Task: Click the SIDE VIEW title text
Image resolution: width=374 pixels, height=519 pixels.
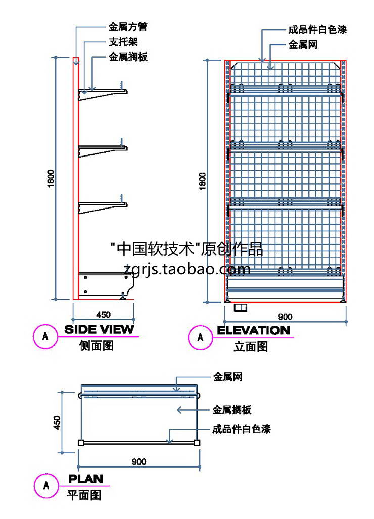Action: click(x=100, y=330)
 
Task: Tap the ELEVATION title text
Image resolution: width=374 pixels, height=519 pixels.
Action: click(x=253, y=330)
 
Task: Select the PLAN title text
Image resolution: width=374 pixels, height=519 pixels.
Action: click(x=85, y=478)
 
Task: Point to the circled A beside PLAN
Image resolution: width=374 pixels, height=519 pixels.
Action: click(x=46, y=486)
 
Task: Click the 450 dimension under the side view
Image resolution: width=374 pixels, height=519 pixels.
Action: click(x=103, y=315)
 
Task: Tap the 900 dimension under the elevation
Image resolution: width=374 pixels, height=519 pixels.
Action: click(x=286, y=317)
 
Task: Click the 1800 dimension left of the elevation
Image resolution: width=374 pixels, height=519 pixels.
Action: click(x=203, y=181)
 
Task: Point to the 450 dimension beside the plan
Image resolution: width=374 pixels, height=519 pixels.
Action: click(x=57, y=422)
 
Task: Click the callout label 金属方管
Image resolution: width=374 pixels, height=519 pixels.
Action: click(x=128, y=27)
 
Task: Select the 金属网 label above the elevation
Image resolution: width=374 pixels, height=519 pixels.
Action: click(x=303, y=45)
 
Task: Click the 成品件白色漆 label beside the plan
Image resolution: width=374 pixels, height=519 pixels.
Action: click(x=241, y=430)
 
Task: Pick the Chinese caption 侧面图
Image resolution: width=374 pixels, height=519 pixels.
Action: click(x=97, y=346)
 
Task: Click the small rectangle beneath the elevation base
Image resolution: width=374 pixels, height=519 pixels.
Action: click(x=240, y=307)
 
